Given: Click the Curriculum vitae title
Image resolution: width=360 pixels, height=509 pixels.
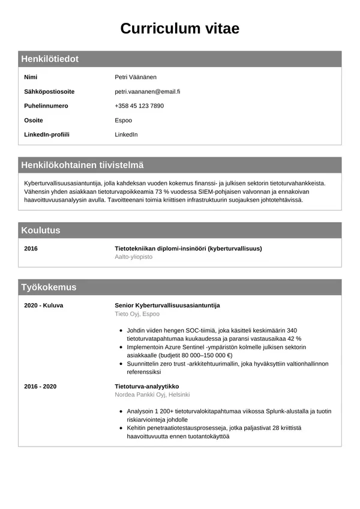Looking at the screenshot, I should [x=180, y=28].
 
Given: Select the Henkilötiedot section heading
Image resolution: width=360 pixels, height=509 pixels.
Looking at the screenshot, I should [x=50, y=59].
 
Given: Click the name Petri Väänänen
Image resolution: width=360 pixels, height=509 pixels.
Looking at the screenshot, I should [x=136, y=77].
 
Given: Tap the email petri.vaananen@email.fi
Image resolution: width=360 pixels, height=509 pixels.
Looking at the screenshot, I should [x=148, y=91].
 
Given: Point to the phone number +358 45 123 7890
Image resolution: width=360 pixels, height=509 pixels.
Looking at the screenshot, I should [x=139, y=106].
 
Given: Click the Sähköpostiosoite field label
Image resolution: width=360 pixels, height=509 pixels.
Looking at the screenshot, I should [x=49, y=91].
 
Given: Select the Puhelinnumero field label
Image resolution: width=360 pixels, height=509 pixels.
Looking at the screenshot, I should [x=46, y=106].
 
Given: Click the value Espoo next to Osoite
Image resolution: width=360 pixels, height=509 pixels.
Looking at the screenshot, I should [x=123, y=120].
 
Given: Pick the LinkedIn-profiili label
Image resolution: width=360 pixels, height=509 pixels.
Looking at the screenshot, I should [x=47, y=134].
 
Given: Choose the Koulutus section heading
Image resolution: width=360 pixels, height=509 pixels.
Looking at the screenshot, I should [x=41, y=230].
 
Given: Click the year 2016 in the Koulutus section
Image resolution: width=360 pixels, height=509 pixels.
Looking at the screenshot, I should [x=31, y=248].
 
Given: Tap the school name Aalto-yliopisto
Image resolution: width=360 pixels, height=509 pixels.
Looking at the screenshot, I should [x=133, y=256].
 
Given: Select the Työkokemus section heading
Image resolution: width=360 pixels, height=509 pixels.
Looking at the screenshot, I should [x=49, y=287].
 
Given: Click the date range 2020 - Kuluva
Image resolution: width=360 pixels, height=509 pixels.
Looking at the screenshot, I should [x=43, y=305].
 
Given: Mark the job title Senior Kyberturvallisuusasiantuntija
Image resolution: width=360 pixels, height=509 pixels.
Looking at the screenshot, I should [x=167, y=305].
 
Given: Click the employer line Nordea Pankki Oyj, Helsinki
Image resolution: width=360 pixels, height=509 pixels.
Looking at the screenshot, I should [x=152, y=394].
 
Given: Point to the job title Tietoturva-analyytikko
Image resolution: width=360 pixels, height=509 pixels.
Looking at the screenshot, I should [x=146, y=386].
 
